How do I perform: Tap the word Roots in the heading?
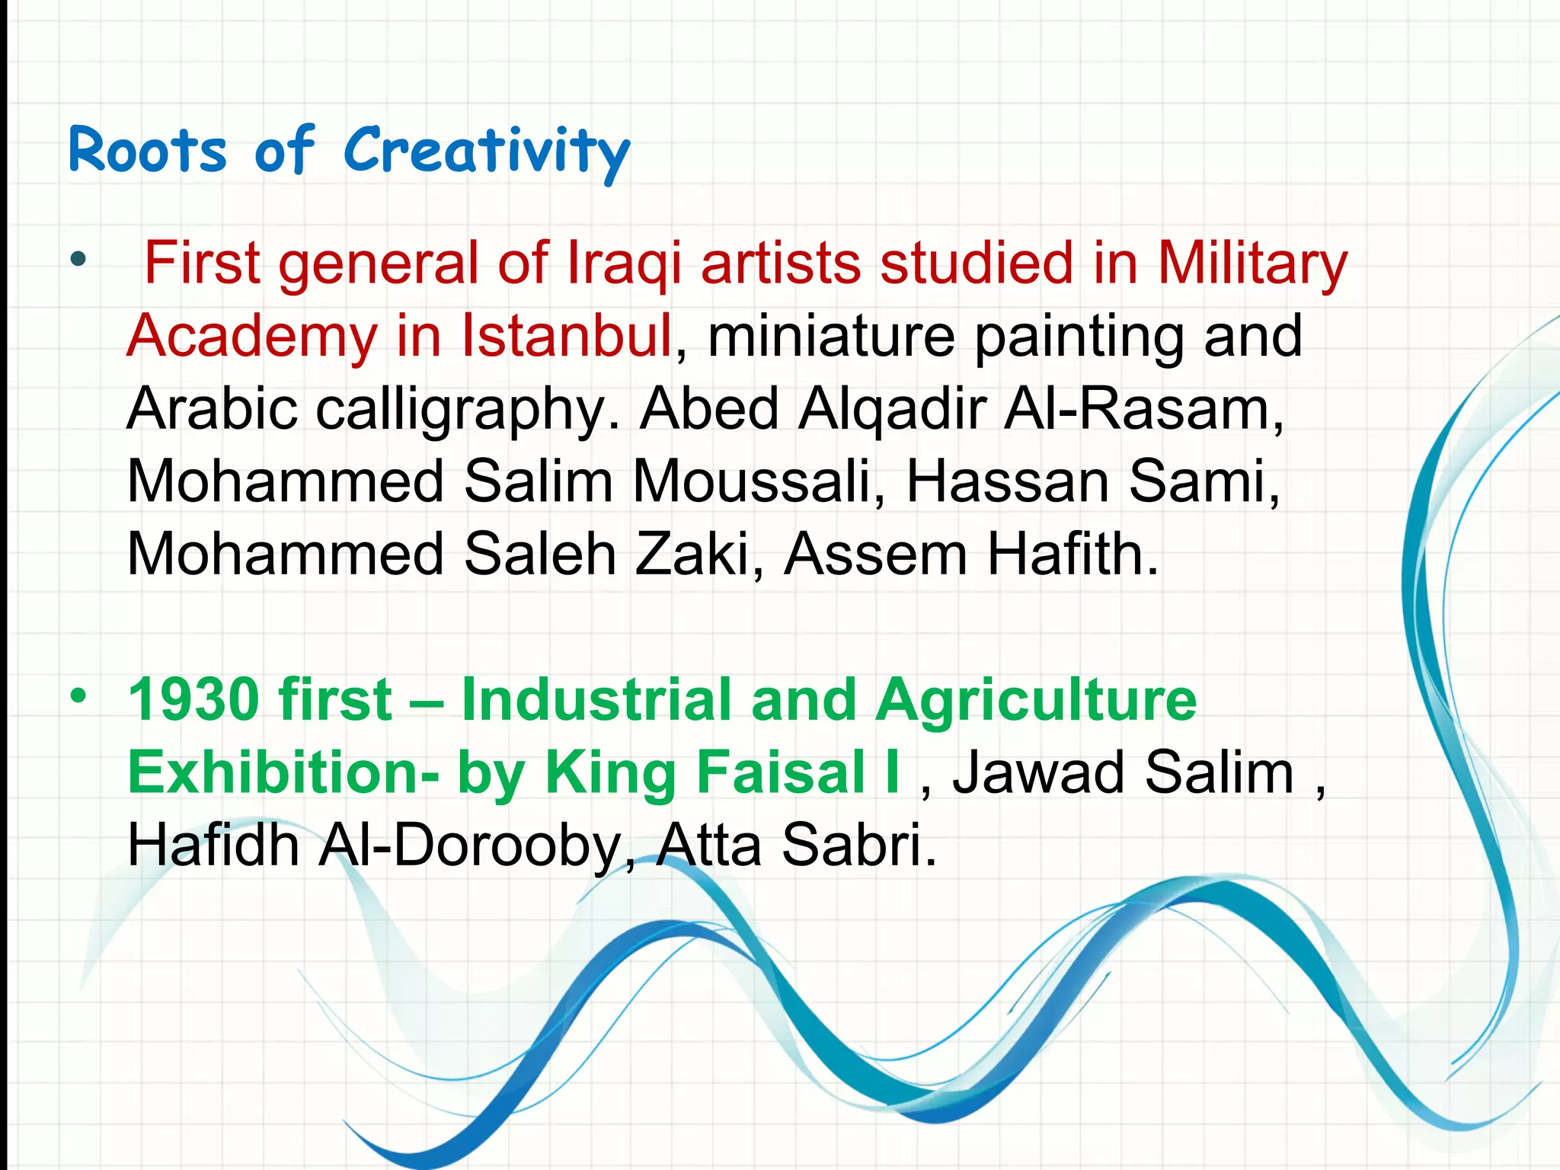click(148, 151)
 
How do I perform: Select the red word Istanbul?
click(567, 335)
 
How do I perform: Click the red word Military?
click(1252, 263)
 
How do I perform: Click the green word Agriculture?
click(1036, 699)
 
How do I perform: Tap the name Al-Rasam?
click(1143, 408)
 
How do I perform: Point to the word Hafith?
click(1072, 555)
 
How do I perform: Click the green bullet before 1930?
click(78, 695)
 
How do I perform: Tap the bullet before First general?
click(78, 260)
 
